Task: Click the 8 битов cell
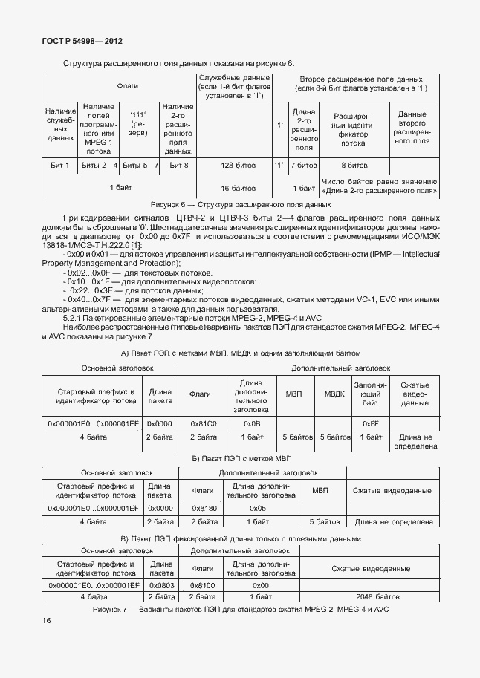354,165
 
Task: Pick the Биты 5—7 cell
140,165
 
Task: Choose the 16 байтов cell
238,189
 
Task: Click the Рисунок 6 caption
240,204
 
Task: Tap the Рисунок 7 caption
240,609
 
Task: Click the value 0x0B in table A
250,423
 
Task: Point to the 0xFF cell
371,423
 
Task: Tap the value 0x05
257,508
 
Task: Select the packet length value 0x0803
160,585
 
